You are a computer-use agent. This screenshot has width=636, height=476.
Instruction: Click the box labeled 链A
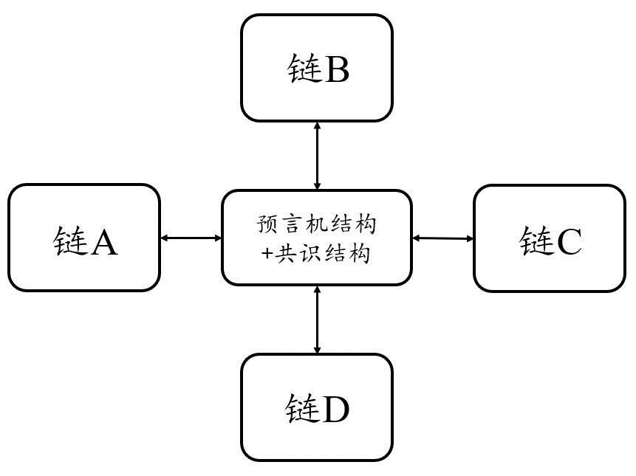point(84,238)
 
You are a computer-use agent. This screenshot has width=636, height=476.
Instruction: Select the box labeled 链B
point(317,68)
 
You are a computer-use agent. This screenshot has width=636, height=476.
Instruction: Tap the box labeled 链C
point(549,238)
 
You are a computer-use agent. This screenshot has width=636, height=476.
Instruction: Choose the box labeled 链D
point(317,407)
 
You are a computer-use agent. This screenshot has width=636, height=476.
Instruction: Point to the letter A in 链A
point(103,241)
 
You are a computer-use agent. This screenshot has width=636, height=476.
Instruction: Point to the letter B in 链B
point(336,71)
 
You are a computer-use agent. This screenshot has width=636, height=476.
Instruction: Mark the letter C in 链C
point(568,241)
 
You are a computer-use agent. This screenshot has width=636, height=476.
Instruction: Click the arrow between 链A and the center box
point(191,238)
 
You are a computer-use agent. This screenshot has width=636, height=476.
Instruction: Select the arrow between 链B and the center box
point(318,156)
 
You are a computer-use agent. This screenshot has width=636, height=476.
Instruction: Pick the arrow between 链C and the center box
point(443,238)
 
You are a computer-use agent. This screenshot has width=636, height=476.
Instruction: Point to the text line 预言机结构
point(318,223)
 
